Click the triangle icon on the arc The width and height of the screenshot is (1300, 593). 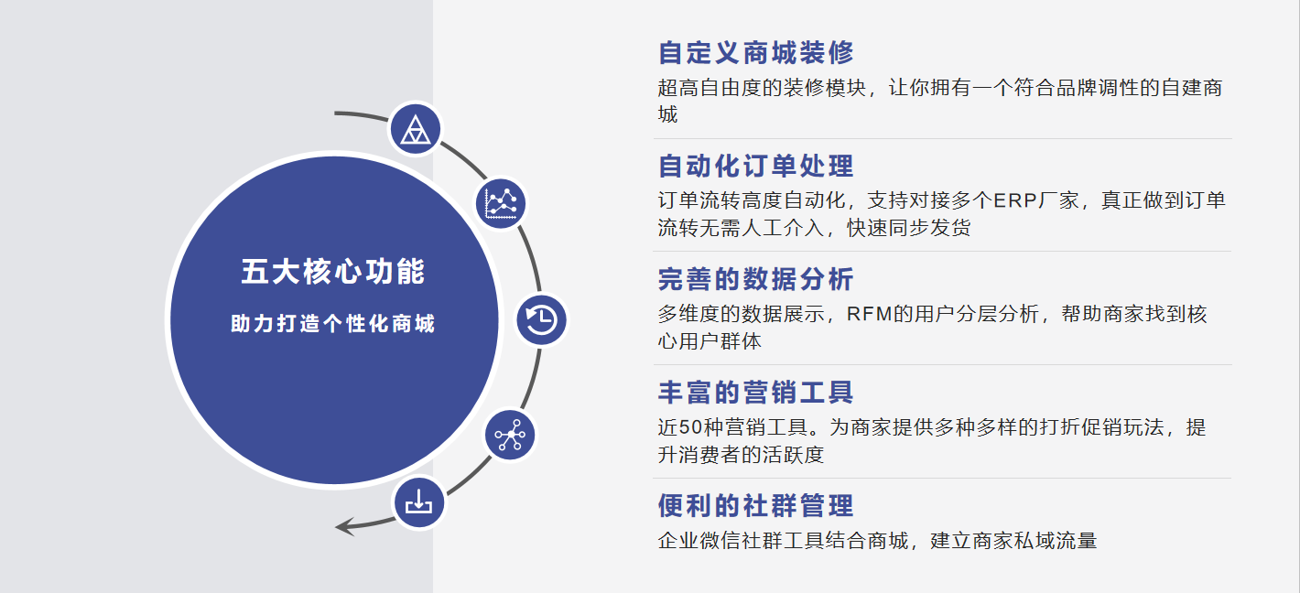coord(415,129)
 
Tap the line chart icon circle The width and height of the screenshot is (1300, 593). coord(501,204)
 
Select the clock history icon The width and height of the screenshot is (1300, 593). coord(541,320)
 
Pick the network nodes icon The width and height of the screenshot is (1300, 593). coord(510,436)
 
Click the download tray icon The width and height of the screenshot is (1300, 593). coord(419,502)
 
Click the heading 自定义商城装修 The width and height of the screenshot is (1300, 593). coord(755,52)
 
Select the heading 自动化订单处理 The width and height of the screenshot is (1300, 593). coord(755,166)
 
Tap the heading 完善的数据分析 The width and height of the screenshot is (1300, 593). coord(755,279)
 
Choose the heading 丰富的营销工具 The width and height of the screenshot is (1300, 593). coord(755,393)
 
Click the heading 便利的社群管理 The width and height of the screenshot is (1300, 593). coord(755,506)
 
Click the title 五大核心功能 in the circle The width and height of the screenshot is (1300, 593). coord(333,272)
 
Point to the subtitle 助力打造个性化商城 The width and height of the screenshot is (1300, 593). coord(332,324)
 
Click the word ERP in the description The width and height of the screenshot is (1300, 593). coord(1015,200)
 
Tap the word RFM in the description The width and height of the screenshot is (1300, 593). coord(870,314)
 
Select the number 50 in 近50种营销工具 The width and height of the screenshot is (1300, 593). coord(690,427)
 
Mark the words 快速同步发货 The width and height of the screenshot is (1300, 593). coord(909,228)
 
